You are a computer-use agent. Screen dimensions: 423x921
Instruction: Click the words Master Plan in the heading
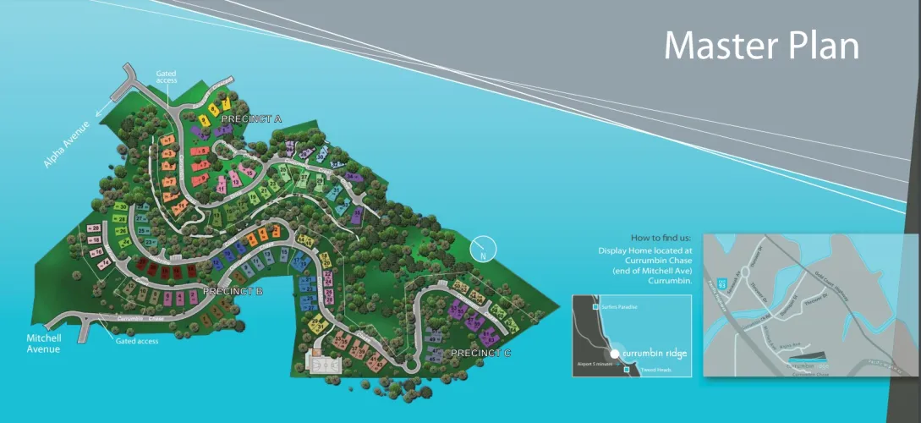tap(761, 46)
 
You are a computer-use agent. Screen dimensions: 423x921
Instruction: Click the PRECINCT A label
tap(251, 119)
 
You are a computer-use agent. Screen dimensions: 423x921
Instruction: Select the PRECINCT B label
tap(233, 291)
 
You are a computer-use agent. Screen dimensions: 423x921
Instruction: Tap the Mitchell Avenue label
tap(43, 343)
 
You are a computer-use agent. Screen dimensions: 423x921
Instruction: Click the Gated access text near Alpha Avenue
tap(167, 77)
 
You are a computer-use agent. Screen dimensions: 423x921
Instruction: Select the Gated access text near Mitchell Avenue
tap(136, 341)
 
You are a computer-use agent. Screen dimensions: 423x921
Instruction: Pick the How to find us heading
tap(661, 237)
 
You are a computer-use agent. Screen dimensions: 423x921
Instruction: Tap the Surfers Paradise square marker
tap(597, 306)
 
